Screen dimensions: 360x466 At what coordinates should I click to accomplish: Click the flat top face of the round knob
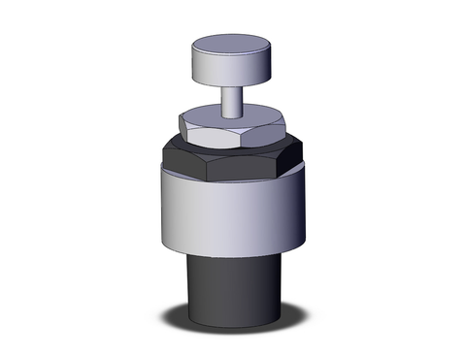233,46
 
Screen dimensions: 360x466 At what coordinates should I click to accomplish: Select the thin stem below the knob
233,100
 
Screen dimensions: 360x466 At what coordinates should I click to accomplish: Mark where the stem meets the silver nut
233,117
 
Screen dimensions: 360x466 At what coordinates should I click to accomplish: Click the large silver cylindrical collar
233,213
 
